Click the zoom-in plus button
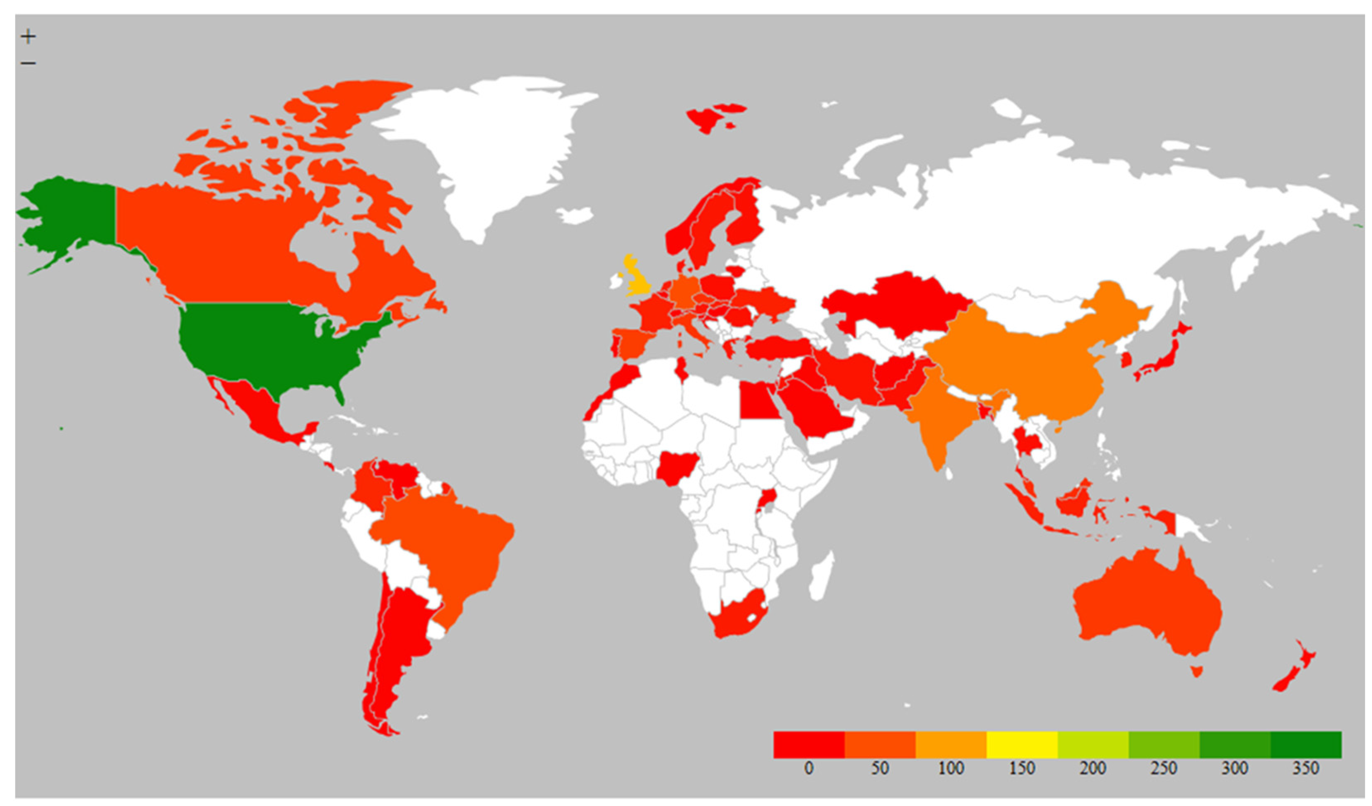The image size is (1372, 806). tap(28, 36)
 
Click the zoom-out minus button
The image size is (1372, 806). tap(28, 63)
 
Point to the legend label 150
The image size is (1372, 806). tap(1022, 768)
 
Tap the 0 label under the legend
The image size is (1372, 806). tap(809, 768)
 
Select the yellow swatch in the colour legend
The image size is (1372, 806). tap(1022, 744)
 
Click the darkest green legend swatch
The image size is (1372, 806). tap(1306, 744)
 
